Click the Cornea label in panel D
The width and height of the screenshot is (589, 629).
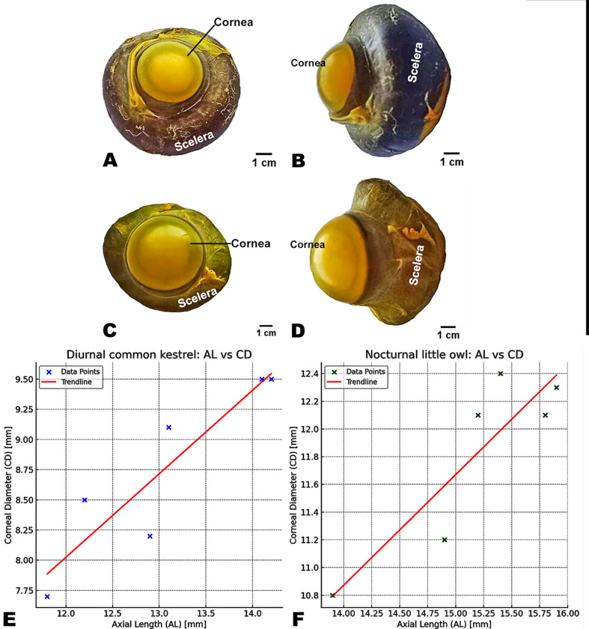click(x=308, y=244)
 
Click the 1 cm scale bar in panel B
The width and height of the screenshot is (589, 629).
click(x=451, y=157)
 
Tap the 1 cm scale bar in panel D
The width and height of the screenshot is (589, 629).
click(x=448, y=330)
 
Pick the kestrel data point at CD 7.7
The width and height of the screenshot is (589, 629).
click(x=47, y=596)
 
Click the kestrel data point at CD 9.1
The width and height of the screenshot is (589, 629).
click(x=168, y=428)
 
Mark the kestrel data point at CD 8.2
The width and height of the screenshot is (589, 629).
click(x=150, y=536)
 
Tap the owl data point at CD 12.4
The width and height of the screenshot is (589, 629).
click(x=500, y=374)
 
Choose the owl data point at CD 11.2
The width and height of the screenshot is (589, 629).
click(x=445, y=540)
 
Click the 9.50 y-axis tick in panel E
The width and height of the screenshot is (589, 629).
click(x=22, y=379)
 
